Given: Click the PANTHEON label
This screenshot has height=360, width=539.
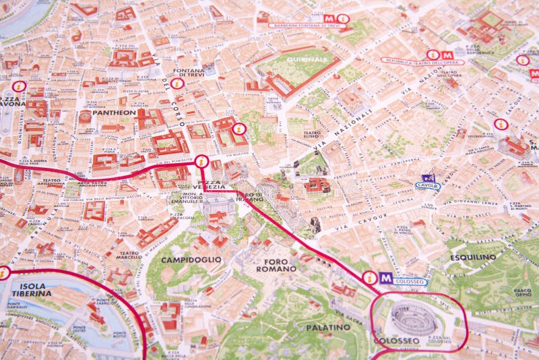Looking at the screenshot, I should [x=114, y=113].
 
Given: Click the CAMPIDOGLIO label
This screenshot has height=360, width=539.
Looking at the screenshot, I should [x=191, y=259].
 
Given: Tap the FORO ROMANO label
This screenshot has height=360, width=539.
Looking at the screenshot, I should [x=276, y=265].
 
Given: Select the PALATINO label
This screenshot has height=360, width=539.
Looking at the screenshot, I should [x=328, y=327].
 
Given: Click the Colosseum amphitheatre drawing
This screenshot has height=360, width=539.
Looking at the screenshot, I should [x=413, y=318].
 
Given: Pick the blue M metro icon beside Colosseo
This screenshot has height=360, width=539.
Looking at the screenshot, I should [x=385, y=278].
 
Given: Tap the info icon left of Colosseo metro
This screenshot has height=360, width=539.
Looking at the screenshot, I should [x=369, y=277].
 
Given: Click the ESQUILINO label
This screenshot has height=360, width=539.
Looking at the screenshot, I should [x=473, y=257].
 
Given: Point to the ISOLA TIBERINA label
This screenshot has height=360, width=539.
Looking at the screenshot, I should [x=28, y=290].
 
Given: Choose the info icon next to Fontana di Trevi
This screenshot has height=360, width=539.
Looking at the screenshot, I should [x=177, y=84].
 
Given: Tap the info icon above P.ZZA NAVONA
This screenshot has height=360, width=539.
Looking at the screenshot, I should [x=19, y=86].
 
